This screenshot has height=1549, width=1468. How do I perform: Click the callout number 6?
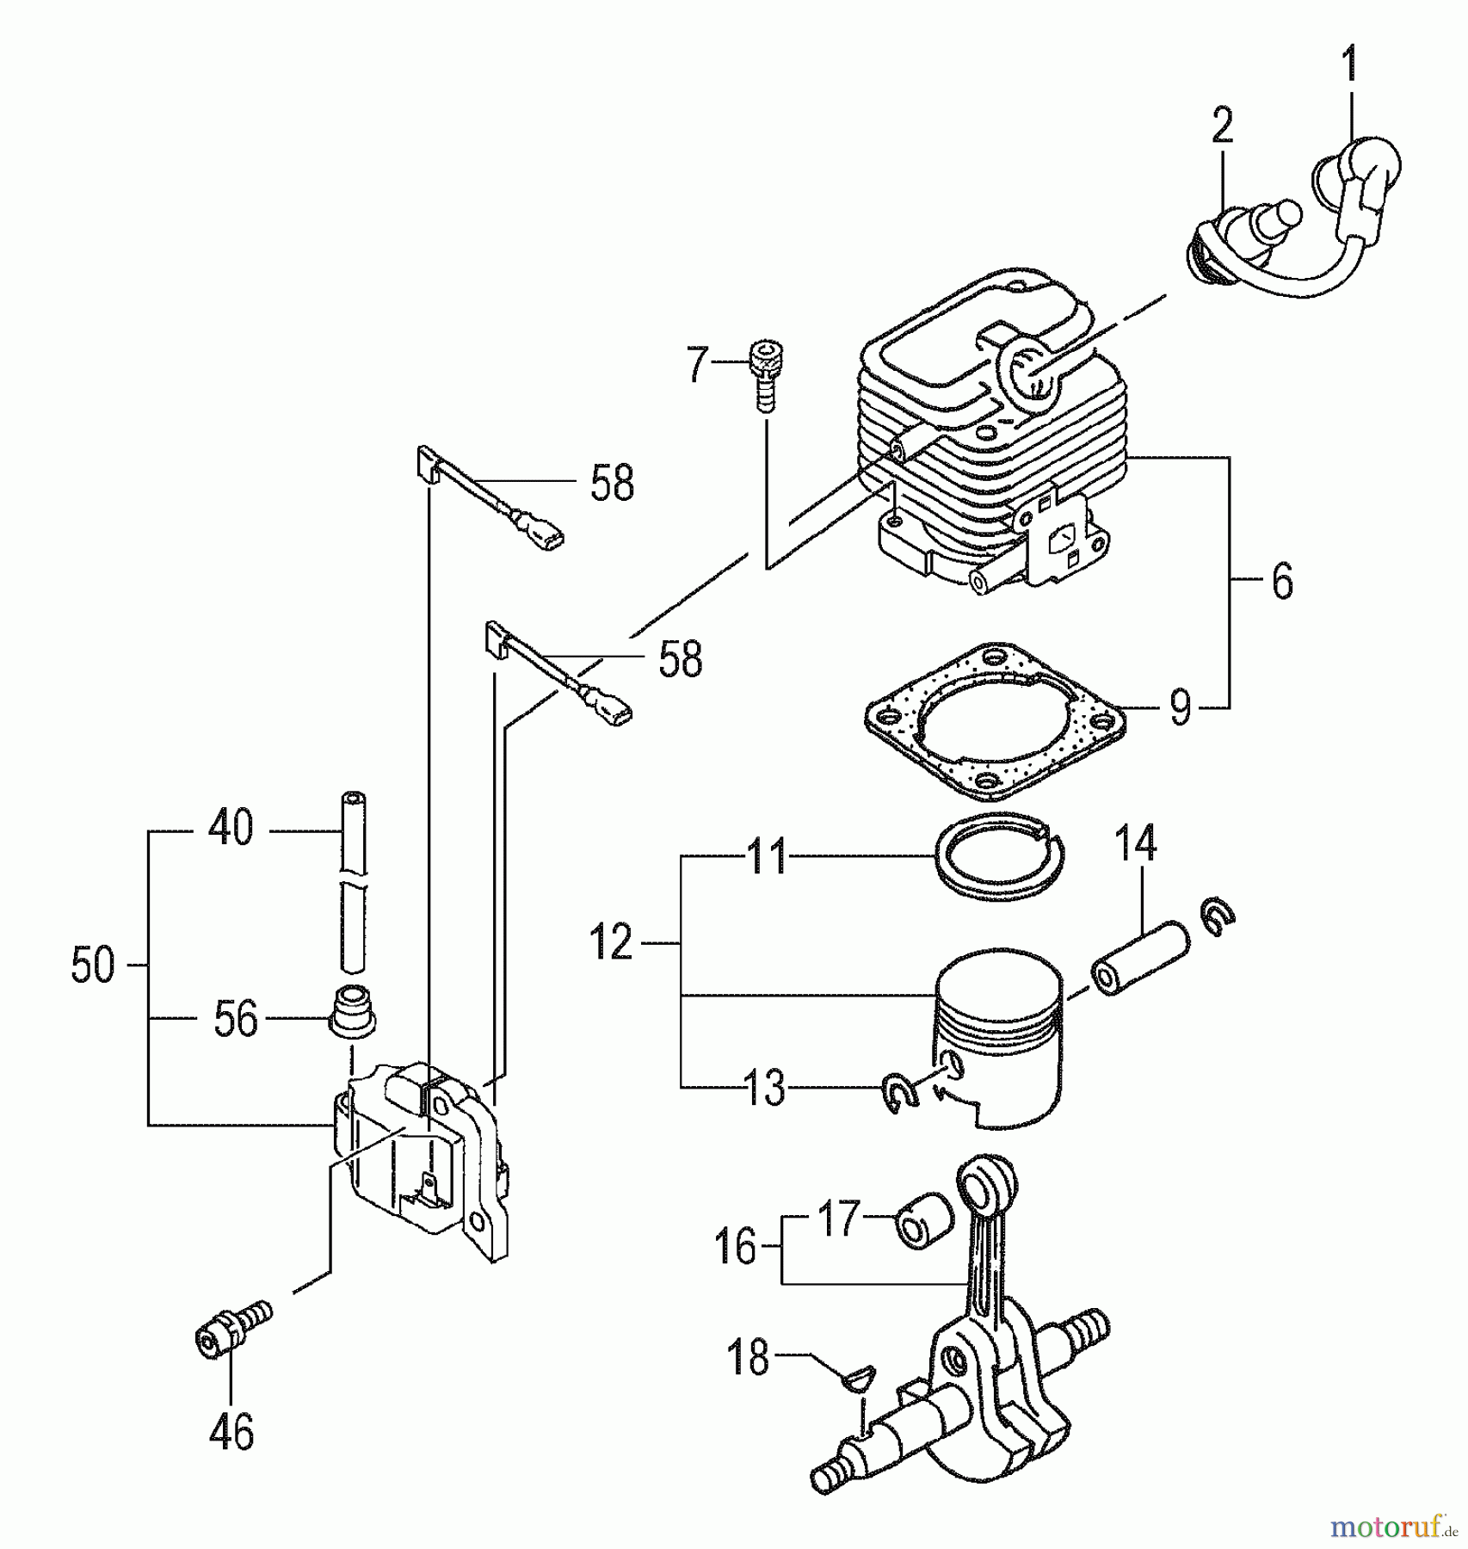click(1282, 583)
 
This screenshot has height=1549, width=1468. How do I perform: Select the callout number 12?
click(611, 943)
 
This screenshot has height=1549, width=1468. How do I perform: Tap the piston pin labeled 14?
click(1140, 956)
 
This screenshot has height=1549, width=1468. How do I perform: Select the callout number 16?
click(736, 1245)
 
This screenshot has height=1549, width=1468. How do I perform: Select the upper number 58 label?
click(612, 483)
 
